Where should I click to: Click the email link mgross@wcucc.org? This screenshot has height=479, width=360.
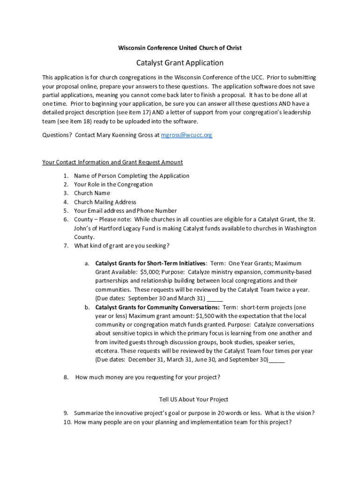tap(187, 135)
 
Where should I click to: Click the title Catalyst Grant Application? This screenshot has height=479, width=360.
tap(180, 63)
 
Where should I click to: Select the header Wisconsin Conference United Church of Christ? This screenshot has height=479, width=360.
tap(180, 48)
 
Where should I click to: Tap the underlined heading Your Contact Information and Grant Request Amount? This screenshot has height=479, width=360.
tap(112, 162)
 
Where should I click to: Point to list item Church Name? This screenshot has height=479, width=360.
tap(92, 193)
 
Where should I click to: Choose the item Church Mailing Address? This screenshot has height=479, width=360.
tap(105, 202)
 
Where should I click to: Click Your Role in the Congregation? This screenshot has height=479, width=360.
tap(113, 184)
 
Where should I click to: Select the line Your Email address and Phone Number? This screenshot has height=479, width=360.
tap(125, 211)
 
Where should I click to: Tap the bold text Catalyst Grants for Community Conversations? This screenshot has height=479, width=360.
tap(158, 307)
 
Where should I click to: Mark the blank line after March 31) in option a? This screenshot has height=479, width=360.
tap(215, 299)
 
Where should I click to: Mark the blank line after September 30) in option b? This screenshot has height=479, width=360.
tap(276, 360)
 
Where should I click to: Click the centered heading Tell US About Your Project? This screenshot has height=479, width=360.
tap(194, 399)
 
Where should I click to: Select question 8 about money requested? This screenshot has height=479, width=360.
tap(147, 377)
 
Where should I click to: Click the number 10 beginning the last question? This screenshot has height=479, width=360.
tap(67, 422)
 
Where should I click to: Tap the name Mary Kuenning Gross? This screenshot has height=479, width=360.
tap(126, 135)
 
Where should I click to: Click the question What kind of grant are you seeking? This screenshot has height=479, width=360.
tap(122, 246)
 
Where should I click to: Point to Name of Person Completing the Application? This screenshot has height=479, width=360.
tap(131, 176)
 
